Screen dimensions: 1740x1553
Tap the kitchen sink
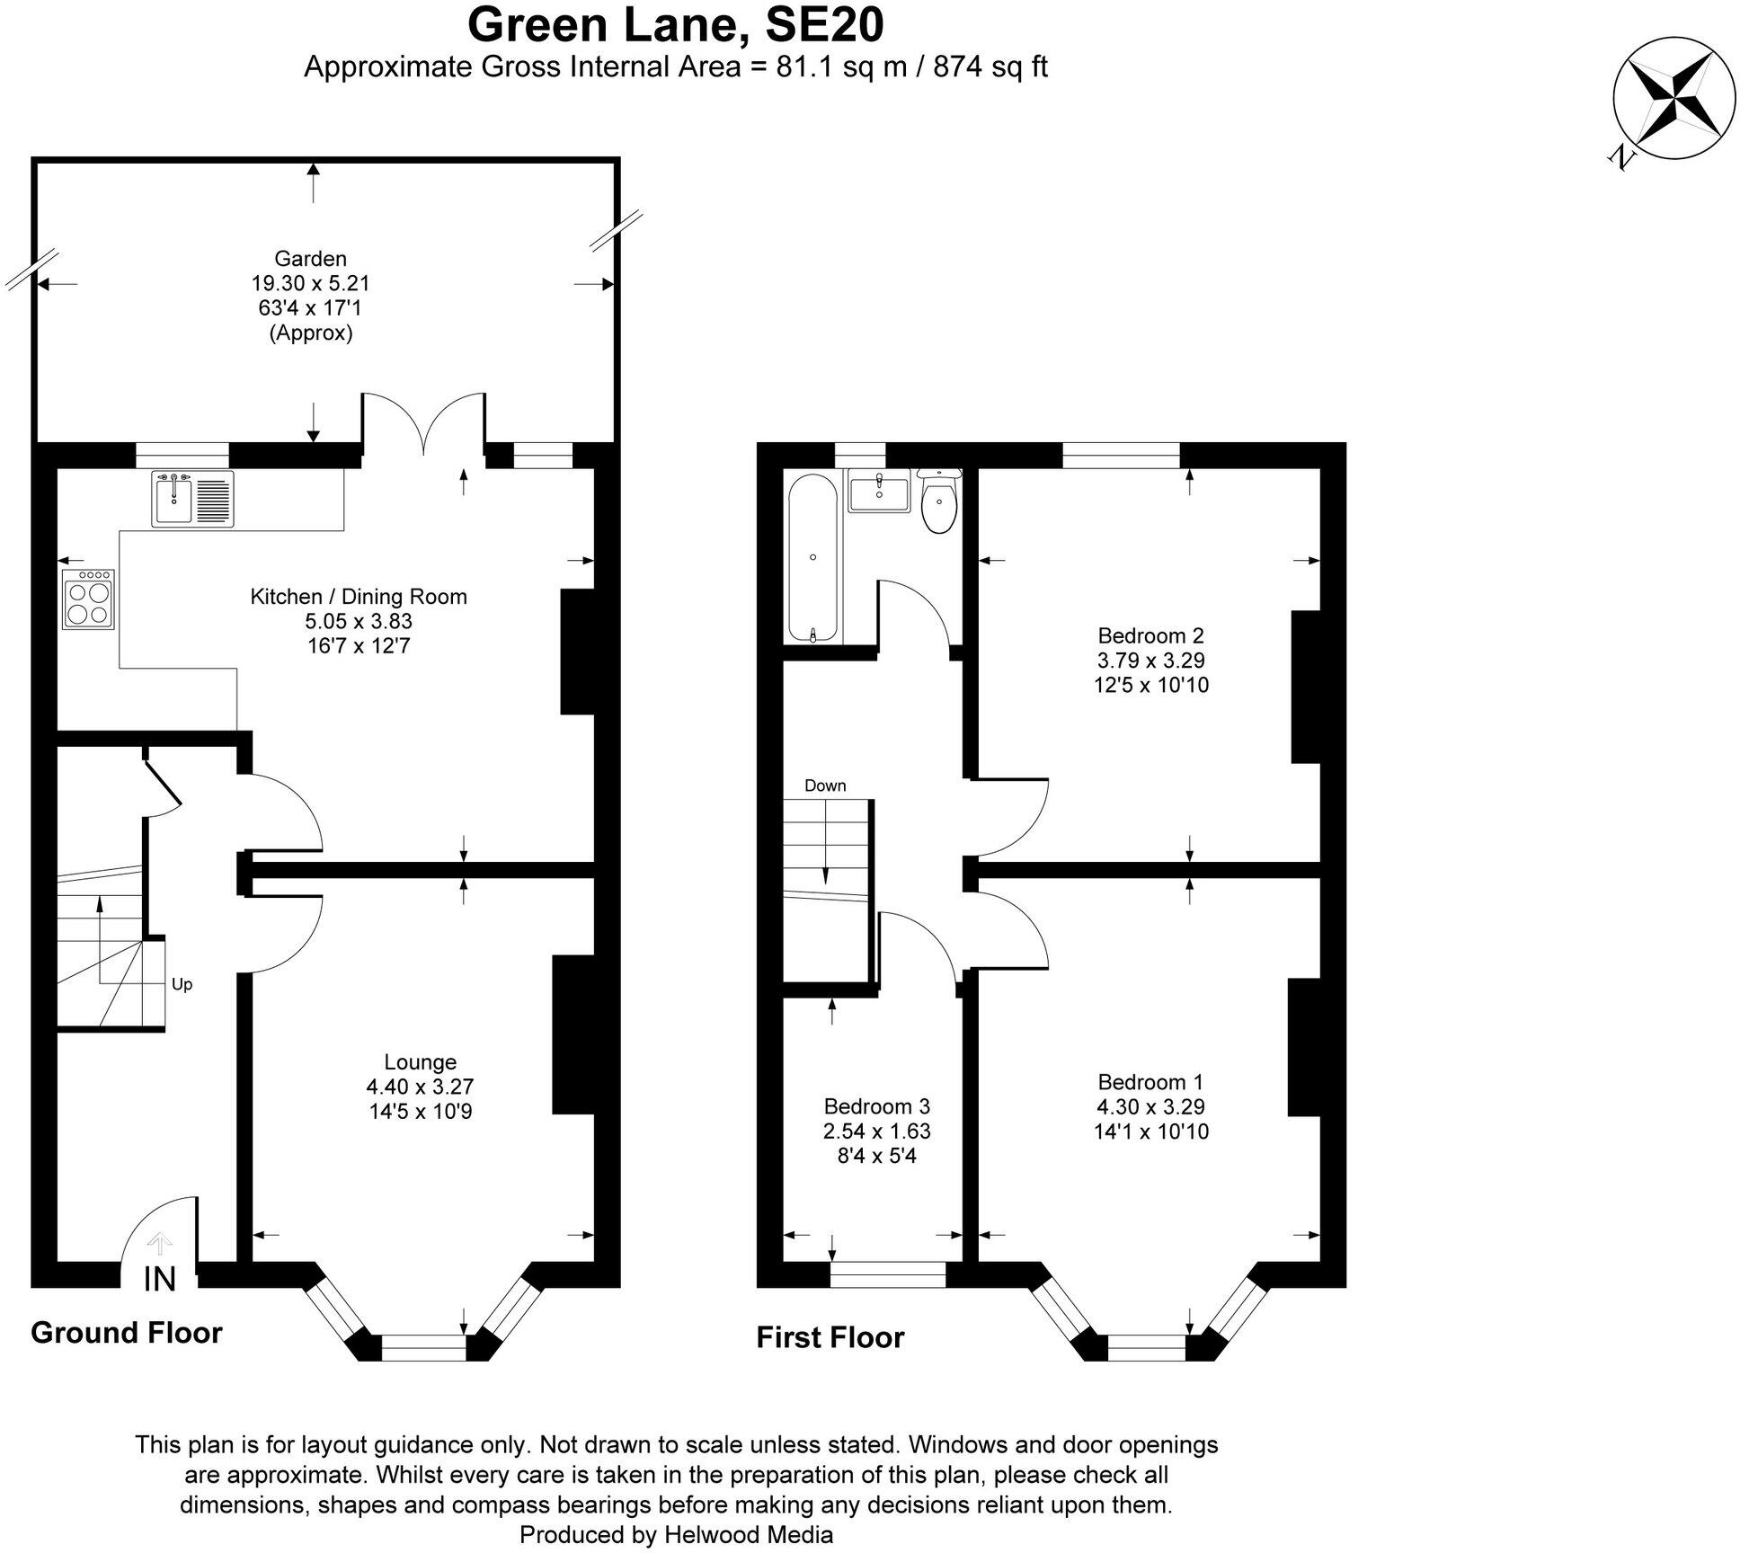pyautogui.click(x=192, y=499)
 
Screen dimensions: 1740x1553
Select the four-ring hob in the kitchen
pyautogui.click(x=88, y=599)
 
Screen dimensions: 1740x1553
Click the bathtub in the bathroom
pyautogui.click(x=813, y=558)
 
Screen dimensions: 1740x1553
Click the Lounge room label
pyautogui.click(x=420, y=1061)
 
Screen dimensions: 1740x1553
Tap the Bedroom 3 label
pyautogui.click(x=876, y=1105)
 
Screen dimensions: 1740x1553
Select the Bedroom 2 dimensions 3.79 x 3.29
pyautogui.click(x=1150, y=661)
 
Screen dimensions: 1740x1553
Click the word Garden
pyautogui.click(x=310, y=259)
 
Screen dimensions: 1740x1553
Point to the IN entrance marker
pyautogui.click(x=160, y=1279)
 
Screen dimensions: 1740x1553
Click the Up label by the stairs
pyautogui.click(x=182, y=984)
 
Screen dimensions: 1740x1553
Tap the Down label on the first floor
pyautogui.click(x=825, y=785)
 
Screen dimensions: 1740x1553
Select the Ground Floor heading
pyautogui.click(x=127, y=1332)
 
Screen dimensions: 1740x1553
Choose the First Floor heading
pyautogui.click(x=830, y=1337)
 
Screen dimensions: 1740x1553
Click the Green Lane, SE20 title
pyautogui.click(x=675, y=25)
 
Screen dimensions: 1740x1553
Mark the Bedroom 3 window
pyautogui.click(x=887, y=1274)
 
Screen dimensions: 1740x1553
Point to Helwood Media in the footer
pyautogui.click(x=749, y=1534)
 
